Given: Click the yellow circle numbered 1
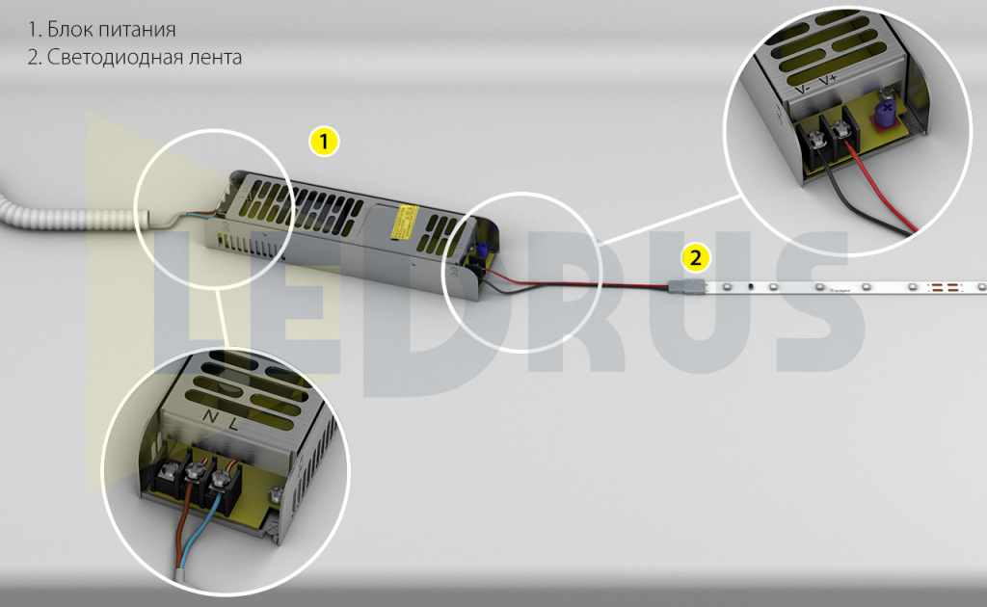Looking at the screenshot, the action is [324, 142].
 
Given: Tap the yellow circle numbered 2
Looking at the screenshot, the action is [695, 258].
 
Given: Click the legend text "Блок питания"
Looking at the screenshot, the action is [112, 30].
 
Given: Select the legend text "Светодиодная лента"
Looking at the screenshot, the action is [145, 57].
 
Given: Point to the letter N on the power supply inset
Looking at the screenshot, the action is [210, 415].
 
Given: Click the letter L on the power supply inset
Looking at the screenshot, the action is [233, 424].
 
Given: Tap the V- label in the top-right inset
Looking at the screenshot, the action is [802, 89].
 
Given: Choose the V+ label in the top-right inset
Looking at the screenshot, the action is [828, 81].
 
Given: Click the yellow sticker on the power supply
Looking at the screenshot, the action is [404, 222].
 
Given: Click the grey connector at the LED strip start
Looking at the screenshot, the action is [686, 287].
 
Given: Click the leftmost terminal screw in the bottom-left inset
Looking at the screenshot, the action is [170, 468].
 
